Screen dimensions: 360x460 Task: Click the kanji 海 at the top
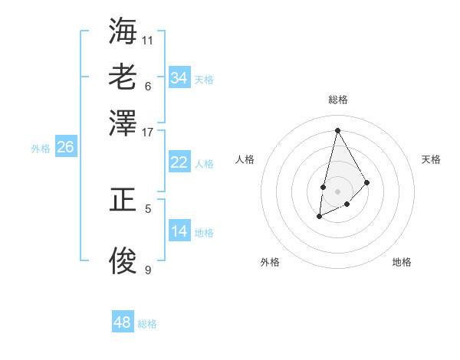point(123,31)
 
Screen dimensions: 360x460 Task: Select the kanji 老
point(123,77)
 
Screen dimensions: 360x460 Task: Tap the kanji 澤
point(123,123)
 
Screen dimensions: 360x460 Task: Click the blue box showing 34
point(179,77)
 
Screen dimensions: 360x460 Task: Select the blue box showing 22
point(179,162)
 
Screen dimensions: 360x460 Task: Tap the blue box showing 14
point(179,231)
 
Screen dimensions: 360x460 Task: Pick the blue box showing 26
point(65,147)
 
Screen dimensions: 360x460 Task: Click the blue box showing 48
point(123,322)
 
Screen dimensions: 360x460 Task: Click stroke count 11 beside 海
point(148,40)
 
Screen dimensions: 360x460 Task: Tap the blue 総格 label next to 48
point(148,324)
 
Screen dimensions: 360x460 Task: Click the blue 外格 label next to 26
point(41,149)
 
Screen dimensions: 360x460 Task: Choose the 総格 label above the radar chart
point(337,100)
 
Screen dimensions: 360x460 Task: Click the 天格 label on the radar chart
point(431,159)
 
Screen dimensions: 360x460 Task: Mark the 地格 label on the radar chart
point(402,262)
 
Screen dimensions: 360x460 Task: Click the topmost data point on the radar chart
point(337,129)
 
